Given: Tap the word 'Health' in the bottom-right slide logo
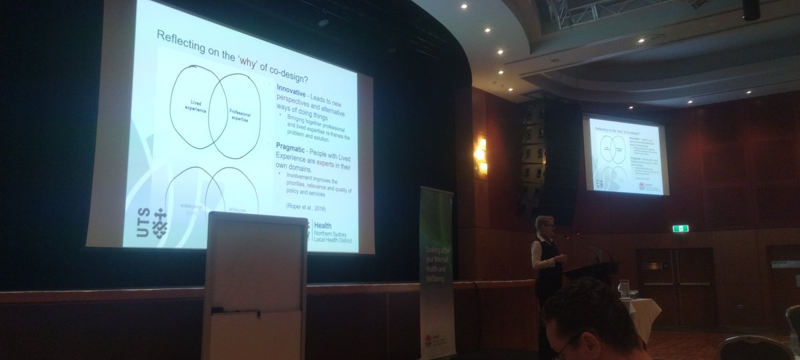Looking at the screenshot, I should pyautogui.click(x=323, y=227).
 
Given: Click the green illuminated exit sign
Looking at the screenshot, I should pyautogui.click(x=680, y=229).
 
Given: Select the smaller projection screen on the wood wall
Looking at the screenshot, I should pyautogui.click(x=625, y=156).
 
